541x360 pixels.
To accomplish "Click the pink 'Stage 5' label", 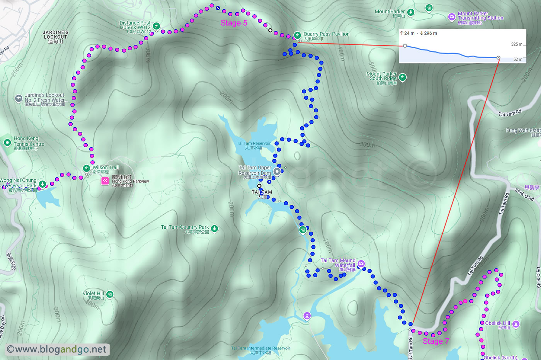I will tap(234, 23).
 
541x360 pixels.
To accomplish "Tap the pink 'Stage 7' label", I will tap(436, 341).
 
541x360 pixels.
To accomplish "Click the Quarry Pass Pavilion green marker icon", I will tap(297, 35).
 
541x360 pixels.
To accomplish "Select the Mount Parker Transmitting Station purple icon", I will tap(451, 17).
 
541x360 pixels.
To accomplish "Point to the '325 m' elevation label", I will tap(516, 44).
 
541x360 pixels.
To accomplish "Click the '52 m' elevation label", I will tap(518, 59).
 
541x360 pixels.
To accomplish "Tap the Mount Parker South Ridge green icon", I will tap(402, 78).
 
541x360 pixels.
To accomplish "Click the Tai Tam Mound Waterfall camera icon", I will tap(361, 264).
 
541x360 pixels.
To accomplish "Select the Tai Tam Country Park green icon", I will tap(214, 229).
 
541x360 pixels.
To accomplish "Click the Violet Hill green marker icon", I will tap(110, 295).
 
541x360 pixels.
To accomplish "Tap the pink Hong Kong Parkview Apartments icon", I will tap(105, 180).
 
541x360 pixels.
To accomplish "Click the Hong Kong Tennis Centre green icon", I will tap(7, 143).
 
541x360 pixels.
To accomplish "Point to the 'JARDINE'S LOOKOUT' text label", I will tap(56, 35).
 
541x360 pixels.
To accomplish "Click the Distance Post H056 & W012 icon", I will tap(156, 26).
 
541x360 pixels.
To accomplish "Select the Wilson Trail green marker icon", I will tap(87, 168).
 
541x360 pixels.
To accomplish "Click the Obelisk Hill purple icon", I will tap(516, 324).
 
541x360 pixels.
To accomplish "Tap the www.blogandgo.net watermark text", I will tap(57, 350).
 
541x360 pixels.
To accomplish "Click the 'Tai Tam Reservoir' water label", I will tap(253, 143).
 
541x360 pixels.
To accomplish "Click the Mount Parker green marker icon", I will tap(411, 12).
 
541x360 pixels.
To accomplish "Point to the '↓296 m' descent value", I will tap(428, 33).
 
